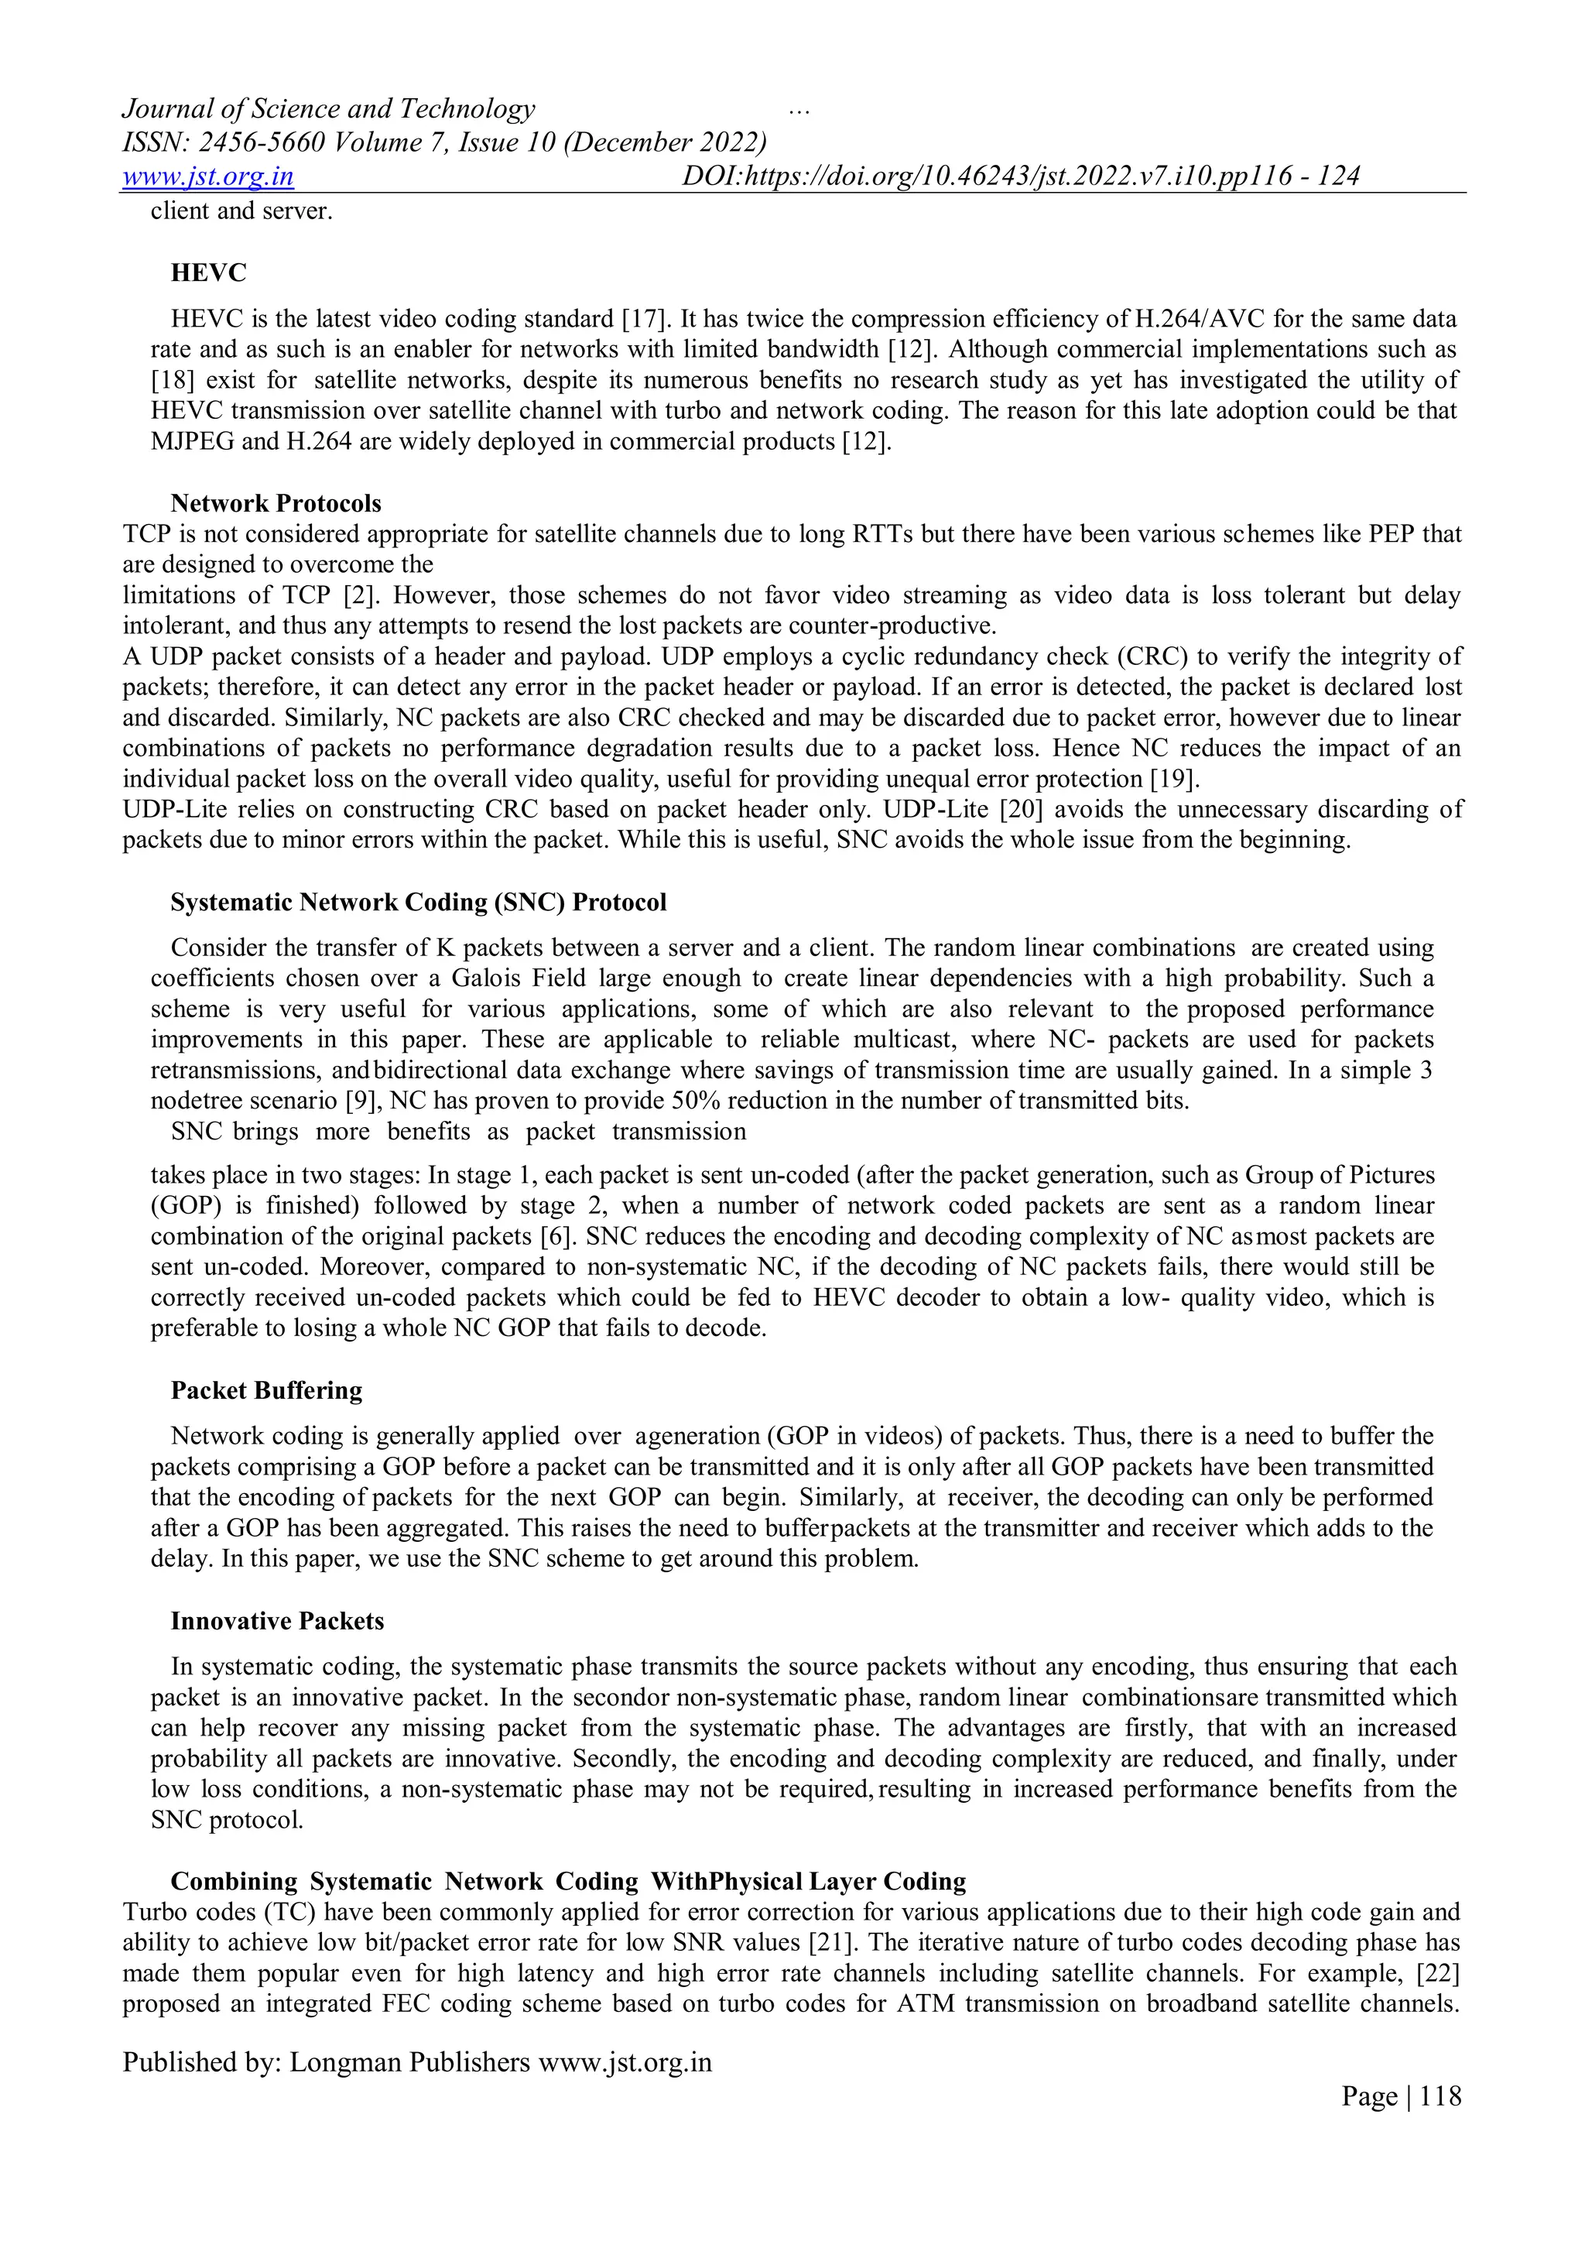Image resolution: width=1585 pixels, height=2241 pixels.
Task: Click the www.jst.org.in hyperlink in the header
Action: (x=208, y=176)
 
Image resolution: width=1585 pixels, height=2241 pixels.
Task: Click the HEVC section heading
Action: (x=209, y=273)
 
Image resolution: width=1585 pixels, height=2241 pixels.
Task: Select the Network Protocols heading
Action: (x=276, y=504)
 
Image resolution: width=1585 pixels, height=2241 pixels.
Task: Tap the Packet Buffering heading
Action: (x=266, y=1390)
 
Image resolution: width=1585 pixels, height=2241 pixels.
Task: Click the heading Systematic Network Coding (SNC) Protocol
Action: (x=419, y=902)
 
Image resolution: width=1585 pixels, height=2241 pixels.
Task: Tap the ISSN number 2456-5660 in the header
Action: (x=262, y=142)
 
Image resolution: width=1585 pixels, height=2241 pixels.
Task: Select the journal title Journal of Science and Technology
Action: (x=329, y=108)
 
